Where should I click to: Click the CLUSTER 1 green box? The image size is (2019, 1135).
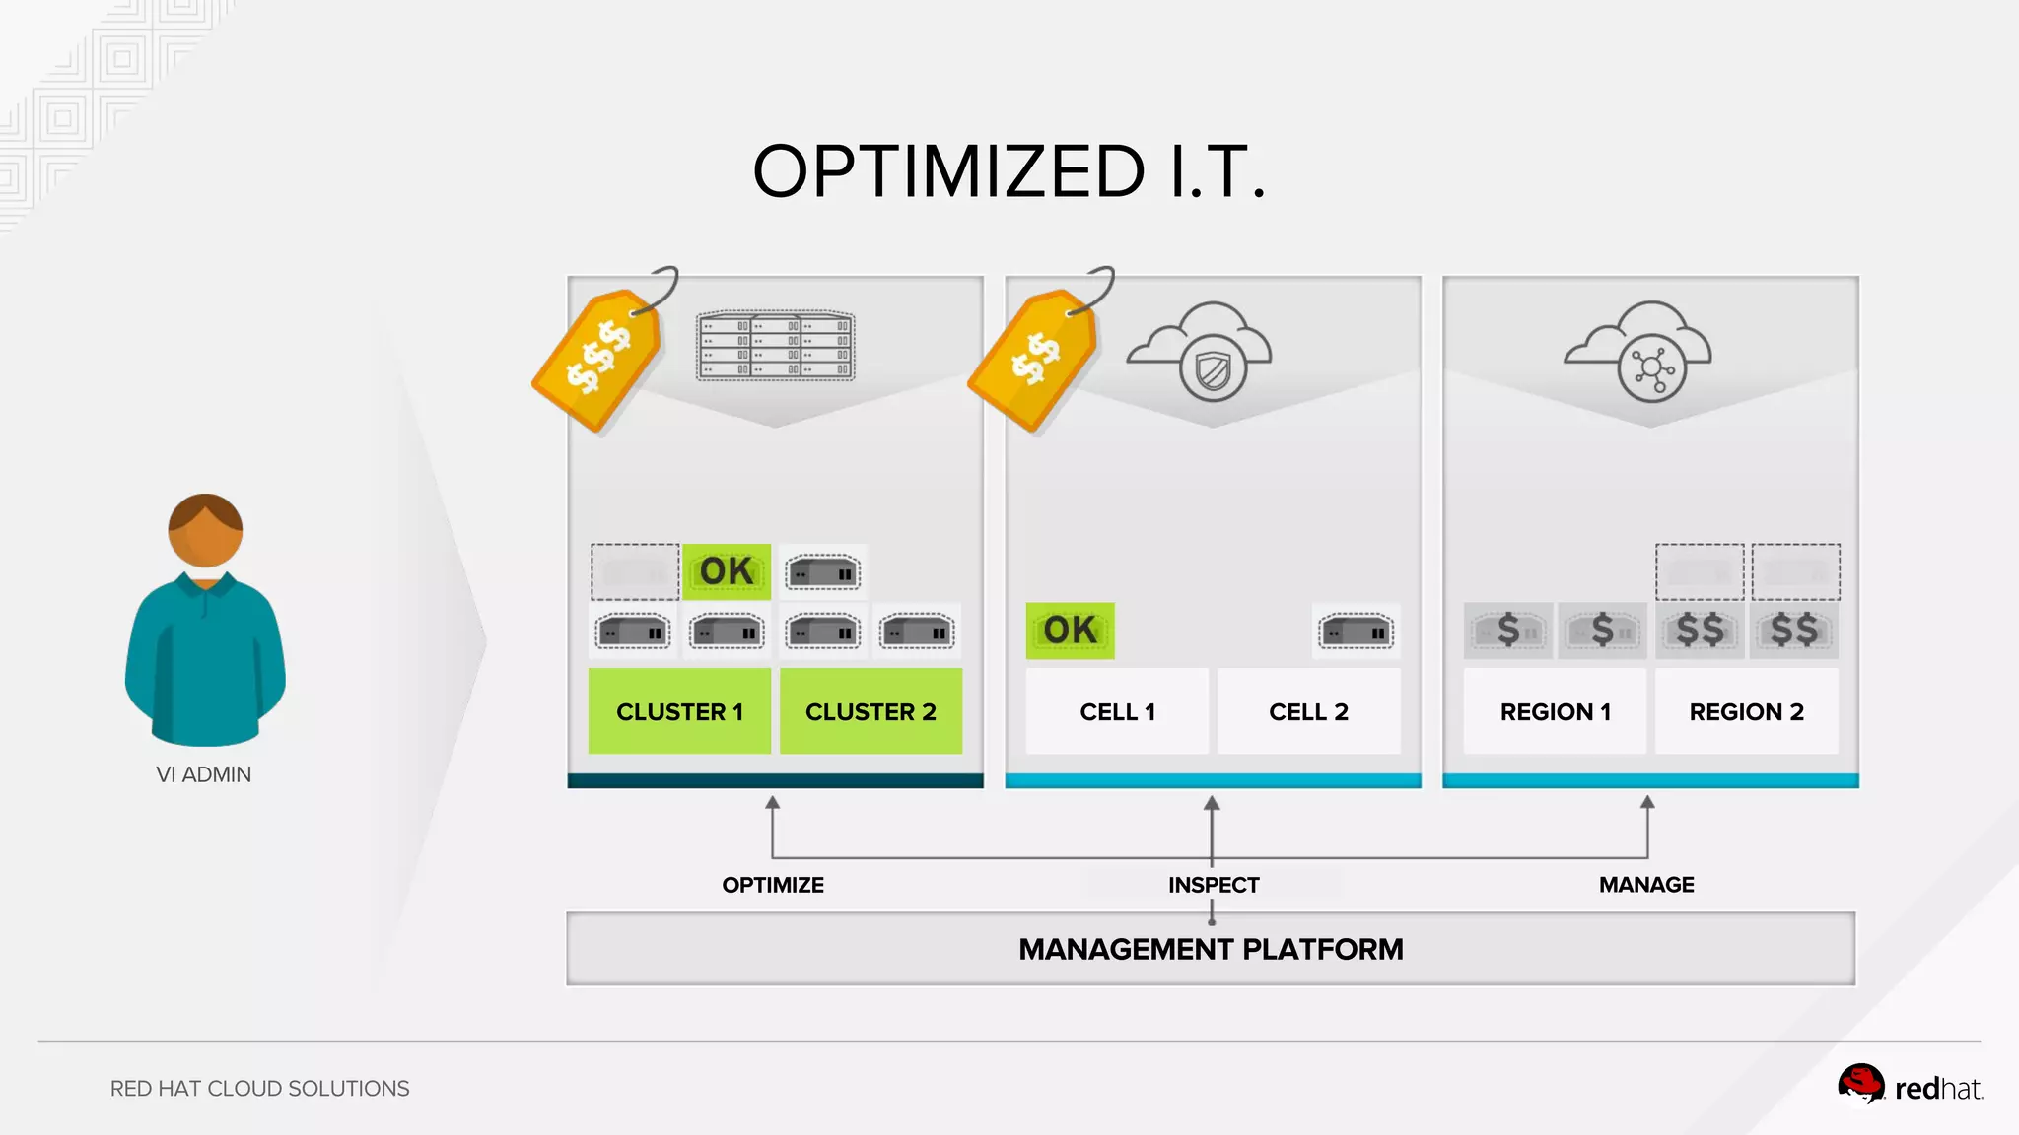pos(679,711)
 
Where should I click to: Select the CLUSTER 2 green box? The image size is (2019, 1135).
pos(870,711)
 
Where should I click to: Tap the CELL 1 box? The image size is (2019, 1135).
pos(1117,711)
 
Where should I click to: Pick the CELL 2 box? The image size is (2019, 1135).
pos(1308,711)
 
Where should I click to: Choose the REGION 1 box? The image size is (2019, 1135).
pos(1555,711)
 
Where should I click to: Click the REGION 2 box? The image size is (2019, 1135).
pos(1746,711)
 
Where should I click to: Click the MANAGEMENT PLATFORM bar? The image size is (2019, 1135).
pos(1211,949)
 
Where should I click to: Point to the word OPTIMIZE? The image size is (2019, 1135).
pos(773,885)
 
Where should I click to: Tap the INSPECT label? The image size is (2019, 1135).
pos(1214,885)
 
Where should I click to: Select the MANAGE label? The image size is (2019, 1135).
pos(1646,885)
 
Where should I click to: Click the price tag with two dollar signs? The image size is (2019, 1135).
pos(1034,359)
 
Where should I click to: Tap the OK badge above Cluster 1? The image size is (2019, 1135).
pos(727,571)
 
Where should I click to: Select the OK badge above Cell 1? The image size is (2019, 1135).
pos(1070,631)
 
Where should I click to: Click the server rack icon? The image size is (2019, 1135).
pos(776,346)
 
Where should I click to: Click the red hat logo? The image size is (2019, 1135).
pos(1909,1087)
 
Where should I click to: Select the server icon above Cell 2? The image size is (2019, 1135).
pos(1357,632)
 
